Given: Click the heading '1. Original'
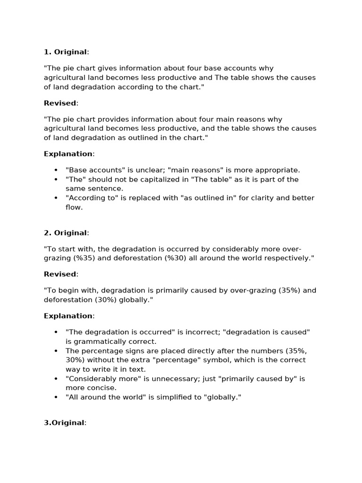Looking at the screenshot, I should [x=66, y=52].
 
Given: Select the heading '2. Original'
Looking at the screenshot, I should [x=66, y=233].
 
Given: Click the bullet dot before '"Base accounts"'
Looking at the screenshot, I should [x=56, y=170].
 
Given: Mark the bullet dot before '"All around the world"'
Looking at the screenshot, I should [x=56, y=398].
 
